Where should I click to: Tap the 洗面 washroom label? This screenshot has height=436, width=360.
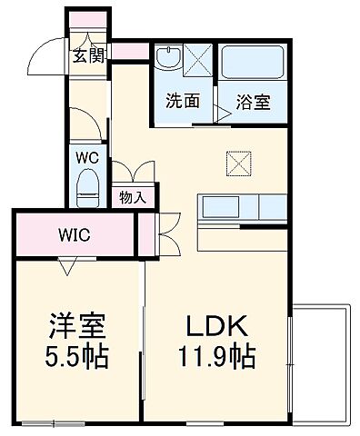(183, 101)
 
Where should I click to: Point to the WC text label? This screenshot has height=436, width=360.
(86, 156)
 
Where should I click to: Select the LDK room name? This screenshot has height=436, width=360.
(215, 325)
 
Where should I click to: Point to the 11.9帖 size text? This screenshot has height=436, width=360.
(215, 355)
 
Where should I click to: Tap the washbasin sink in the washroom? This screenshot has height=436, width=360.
(168, 60)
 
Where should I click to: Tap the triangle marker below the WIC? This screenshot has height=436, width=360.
(67, 265)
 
